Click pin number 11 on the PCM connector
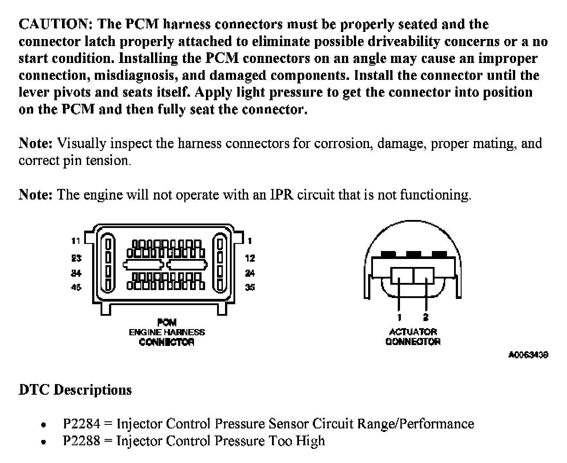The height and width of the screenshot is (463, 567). (x=76, y=241)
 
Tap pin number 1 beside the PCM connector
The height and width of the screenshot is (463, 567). (x=250, y=241)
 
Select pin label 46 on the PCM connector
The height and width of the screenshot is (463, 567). (x=76, y=287)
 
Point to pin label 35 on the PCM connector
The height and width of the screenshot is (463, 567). (x=250, y=287)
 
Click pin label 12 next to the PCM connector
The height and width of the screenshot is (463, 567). (x=250, y=258)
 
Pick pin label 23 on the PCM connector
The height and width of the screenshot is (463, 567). (x=76, y=258)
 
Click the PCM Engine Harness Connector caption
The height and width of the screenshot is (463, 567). (x=167, y=332)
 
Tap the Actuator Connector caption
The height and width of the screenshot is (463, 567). (x=413, y=337)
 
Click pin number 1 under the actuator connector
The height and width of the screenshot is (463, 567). (x=400, y=317)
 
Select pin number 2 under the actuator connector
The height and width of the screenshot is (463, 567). (x=426, y=317)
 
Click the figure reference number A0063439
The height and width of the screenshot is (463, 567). (x=528, y=355)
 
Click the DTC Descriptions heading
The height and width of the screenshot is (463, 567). (x=75, y=390)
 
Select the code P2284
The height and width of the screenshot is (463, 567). (x=82, y=424)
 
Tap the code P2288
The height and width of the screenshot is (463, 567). (x=82, y=441)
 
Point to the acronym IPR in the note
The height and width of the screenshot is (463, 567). (x=282, y=195)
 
